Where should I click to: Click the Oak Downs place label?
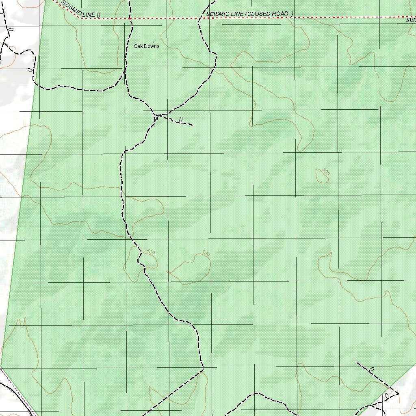tap(147, 46)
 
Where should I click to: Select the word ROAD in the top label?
tap(280, 14)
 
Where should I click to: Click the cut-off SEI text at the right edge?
tap(411, 19)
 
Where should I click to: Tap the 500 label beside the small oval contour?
tap(326, 171)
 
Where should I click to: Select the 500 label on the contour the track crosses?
tap(150, 252)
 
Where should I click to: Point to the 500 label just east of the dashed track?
tap(206, 253)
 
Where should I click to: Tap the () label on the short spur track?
tap(181, 119)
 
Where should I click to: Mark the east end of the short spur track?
tap(192, 125)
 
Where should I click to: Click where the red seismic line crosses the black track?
tap(130, 18)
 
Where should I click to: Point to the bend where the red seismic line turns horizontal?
tap(80, 18)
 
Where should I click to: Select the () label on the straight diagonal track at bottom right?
tap(371, 369)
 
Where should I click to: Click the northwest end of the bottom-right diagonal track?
tap(357, 362)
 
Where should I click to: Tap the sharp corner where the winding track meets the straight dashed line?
tap(203, 370)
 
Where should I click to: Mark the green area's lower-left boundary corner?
tap(1, 366)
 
